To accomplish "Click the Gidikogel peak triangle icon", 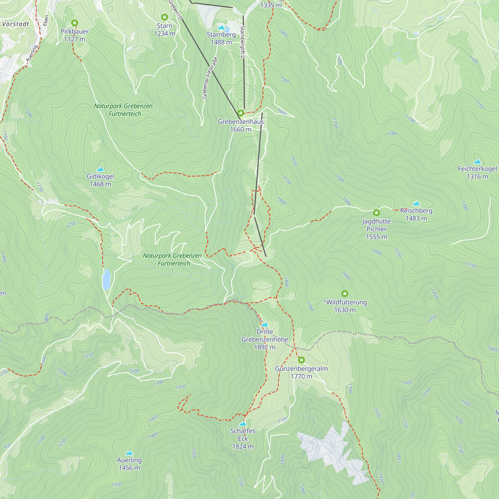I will [100, 169].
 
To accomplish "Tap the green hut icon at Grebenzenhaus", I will [241, 113].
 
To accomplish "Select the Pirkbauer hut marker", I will [74, 23].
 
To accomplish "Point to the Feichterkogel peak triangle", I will [477, 162].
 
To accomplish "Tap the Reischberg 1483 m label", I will [416, 214].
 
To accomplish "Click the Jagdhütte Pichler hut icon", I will [376, 213].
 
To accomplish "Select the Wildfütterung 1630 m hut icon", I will [345, 293].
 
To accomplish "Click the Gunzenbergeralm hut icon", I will [301, 360].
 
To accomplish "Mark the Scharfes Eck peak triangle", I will [243, 424].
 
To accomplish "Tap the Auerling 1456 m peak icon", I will [129, 453].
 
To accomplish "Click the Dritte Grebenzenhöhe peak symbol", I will [265, 324].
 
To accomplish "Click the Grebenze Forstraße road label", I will [210, 78].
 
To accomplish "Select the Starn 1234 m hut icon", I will [164, 17].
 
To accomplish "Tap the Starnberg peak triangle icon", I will [221, 27].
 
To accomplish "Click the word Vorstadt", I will [15, 24].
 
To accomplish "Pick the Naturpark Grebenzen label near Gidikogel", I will [123, 110].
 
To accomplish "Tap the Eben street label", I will [46, 20].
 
